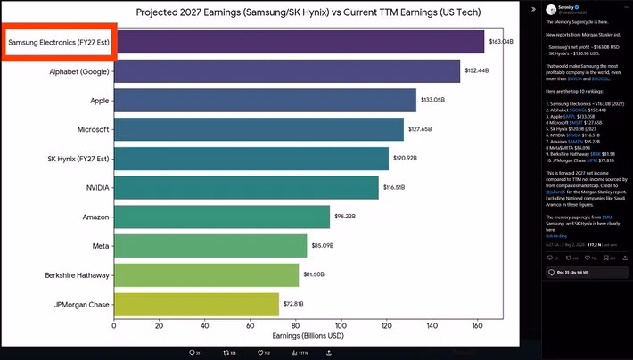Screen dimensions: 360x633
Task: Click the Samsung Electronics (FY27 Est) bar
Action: [299, 42]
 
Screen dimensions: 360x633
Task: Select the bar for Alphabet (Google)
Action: [287, 71]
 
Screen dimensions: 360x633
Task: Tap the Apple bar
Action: [265, 100]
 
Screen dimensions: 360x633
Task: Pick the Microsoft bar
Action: [259, 129]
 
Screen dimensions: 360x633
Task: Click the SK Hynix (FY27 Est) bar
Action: [251, 159]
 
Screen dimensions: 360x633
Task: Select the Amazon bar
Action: [222, 217]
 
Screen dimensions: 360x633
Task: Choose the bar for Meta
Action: [210, 245]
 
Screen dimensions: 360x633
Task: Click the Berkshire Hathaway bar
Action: [206, 274]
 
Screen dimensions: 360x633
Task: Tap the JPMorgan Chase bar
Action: [196, 304]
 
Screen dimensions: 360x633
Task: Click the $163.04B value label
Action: [501, 42]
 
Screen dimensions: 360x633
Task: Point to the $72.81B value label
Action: [295, 304]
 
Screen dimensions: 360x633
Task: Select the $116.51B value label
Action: [394, 187]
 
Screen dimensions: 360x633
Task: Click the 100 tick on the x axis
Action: [341, 326]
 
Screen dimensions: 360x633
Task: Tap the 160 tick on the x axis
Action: [477, 326]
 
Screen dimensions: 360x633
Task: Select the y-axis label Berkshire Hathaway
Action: [77, 274]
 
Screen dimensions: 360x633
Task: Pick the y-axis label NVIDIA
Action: [97, 187]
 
